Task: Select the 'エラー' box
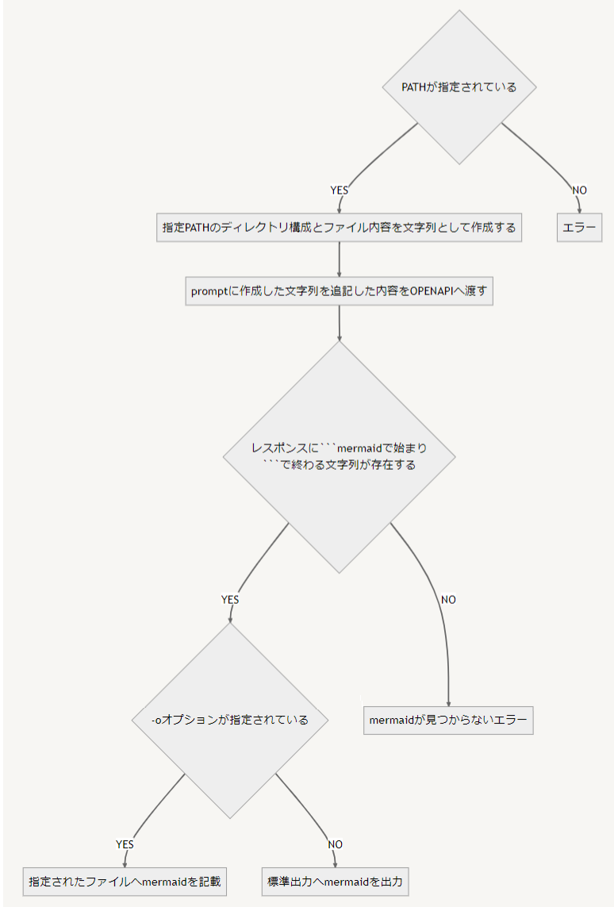[x=579, y=228]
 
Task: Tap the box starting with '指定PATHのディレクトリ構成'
[x=339, y=228]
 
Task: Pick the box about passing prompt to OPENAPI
[x=339, y=291]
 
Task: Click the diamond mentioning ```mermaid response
[x=339, y=457]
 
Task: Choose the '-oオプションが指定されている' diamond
[x=229, y=721]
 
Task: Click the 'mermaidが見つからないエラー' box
[x=448, y=721]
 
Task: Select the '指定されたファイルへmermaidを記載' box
[x=124, y=881]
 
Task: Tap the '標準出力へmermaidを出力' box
[x=336, y=881]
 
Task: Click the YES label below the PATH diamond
[x=339, y=190]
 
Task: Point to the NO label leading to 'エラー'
[x=579, y=190]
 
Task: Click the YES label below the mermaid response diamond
[x=229, y=600]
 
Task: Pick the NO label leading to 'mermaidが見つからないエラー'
[x=448, y=600]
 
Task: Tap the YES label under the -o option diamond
[x=125, y=844]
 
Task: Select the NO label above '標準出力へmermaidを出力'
[x=335, y=844]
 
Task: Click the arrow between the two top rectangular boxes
[x=339, y=259]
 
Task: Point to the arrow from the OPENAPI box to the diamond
[x=339, y=323]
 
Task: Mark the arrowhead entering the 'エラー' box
[x=579, y=210]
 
